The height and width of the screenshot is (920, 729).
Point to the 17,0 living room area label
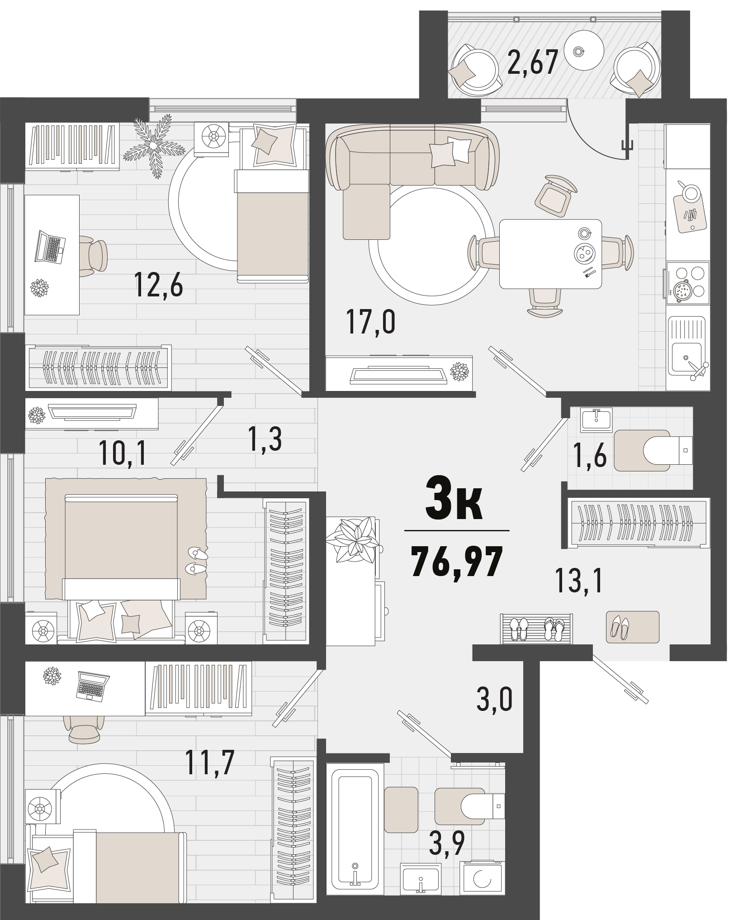371,321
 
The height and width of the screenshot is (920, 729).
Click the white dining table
550,254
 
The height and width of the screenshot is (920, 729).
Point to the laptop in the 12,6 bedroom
50,247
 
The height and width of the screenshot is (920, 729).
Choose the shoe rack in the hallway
537,629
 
